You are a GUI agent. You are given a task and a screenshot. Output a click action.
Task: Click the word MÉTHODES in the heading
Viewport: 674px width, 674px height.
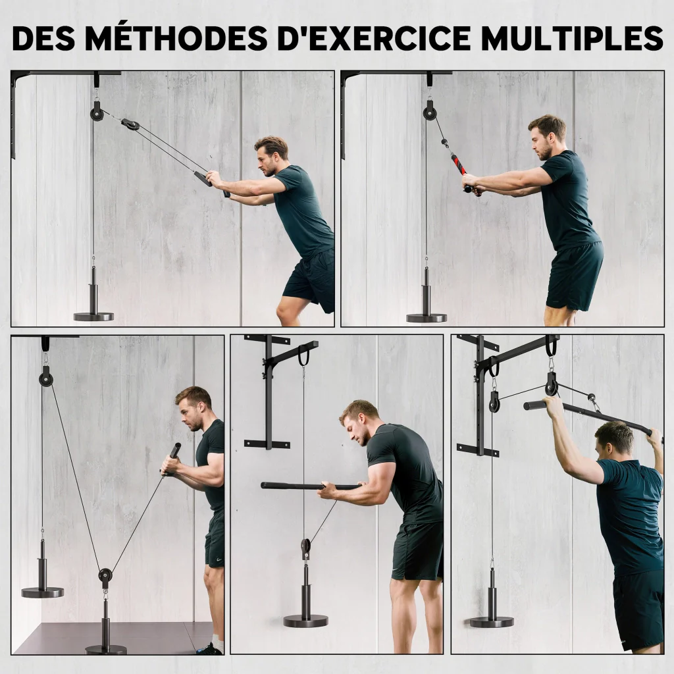(176, 38)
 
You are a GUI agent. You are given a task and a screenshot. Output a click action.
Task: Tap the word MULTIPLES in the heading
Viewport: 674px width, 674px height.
(572, 38)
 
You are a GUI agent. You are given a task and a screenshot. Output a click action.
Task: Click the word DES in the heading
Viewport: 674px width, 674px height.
(44, 38)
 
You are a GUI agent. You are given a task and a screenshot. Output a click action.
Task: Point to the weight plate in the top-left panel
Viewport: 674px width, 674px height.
(93, 317)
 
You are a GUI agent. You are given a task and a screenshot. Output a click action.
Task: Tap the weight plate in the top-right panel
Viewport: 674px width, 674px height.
(426, 318)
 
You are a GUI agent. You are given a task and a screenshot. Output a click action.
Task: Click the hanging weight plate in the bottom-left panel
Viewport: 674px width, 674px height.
(43, 592)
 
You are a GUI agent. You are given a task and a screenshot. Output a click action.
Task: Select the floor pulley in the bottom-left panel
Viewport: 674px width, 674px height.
(105, 575)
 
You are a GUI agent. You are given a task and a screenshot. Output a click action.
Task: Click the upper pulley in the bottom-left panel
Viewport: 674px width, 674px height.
(45, 378)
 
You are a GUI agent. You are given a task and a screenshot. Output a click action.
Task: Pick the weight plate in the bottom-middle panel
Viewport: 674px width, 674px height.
(305, 621)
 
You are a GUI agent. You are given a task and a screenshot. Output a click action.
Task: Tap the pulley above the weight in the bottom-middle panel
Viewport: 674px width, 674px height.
(305, 547)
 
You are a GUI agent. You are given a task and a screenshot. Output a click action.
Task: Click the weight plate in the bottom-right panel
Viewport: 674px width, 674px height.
(492, 621)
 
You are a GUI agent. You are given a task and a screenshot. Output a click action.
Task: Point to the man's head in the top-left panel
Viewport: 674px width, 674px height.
(271, 155)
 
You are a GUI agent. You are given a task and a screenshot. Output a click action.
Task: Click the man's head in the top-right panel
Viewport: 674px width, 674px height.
(546, 137)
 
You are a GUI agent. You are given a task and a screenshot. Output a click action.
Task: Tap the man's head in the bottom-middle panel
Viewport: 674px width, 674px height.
(359, 422)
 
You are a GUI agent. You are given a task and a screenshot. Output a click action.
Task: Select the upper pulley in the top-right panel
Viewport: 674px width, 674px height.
(429, 113)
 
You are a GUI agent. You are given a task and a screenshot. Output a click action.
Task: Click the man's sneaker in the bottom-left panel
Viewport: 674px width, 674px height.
(210, 648)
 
